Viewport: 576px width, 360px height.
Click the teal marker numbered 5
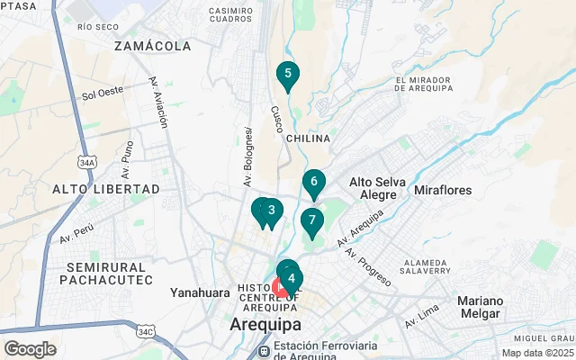(287, 76)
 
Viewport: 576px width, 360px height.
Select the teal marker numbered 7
(311, 220)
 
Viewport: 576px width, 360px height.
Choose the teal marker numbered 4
(291, 279)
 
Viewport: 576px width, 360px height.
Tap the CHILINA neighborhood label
(308, 139)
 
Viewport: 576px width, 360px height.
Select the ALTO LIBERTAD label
(105, 189)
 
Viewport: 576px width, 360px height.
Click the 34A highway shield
(86, 163)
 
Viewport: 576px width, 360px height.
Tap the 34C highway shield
(146, 332)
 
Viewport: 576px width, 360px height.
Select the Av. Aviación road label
(159, 103)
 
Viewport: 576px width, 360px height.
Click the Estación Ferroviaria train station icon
(265, 350)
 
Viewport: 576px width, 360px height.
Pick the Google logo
(31, 348)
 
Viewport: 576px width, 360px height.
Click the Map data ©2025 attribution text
(536, 353)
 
